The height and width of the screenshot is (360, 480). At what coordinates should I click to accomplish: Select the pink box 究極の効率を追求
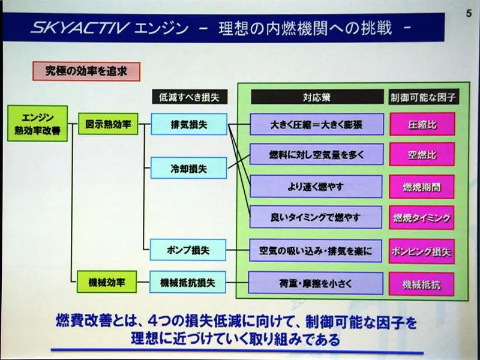coord(85,71)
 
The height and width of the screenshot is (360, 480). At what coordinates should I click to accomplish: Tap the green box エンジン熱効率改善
coord(37,124)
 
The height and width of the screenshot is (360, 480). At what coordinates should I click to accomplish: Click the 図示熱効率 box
coord(108,125)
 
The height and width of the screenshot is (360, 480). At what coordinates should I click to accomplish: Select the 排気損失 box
coord(188,125)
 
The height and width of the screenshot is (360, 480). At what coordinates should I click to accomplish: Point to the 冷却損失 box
coord(188,169)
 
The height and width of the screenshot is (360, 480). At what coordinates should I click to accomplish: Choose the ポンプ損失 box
coord(188,250)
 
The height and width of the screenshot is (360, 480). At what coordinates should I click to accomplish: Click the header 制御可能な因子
coord(422,97)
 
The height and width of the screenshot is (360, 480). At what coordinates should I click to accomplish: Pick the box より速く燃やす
coord(316,187)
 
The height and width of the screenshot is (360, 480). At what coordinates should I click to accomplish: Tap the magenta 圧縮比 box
coord(422,125)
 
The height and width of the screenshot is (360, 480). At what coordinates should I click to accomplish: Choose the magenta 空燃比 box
coord(422,155)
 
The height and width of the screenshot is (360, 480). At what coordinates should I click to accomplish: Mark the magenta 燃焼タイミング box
coord(421,217)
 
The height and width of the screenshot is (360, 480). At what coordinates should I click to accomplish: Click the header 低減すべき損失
coord(188,97)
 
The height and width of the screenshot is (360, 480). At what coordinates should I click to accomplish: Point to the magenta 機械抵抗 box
coord(421,284)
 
